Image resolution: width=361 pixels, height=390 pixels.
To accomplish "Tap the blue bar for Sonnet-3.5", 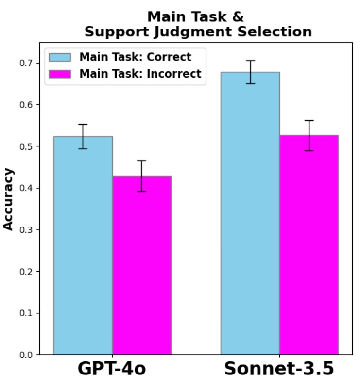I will click(x=250, y=213).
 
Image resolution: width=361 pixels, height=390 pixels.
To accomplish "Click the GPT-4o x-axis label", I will click(x=111, y=369).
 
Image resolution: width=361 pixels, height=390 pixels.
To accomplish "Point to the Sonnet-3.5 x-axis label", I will click(x=279, y=369).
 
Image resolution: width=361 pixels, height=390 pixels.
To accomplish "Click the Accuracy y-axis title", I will click(x=9, y=199).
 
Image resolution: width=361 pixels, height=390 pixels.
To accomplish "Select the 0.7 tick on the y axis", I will click(x=27, y=63).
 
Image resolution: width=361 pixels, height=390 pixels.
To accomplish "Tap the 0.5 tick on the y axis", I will click(x=27, y=146).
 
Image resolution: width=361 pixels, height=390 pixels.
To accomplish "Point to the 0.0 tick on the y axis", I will click(x=27, y=355).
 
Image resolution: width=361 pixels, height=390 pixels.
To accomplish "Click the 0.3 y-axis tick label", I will click(x=27, y=229).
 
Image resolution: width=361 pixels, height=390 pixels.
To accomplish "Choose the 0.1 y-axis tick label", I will click(x=27, y=313).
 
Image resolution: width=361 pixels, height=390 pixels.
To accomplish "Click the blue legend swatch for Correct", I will click(x=60, y=57).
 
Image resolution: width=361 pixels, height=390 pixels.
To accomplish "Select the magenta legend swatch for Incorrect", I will click(x=60, y=74).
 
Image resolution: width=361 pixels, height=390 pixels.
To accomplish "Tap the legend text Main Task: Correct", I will click(x=135, y=57).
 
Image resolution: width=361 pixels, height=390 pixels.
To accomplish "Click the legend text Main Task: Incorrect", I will click(x=140, y=74).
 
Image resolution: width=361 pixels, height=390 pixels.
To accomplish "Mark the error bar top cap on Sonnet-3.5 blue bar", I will click(x=250, y=61).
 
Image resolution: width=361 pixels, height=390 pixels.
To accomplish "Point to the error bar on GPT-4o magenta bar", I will click(x=141, y=176).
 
